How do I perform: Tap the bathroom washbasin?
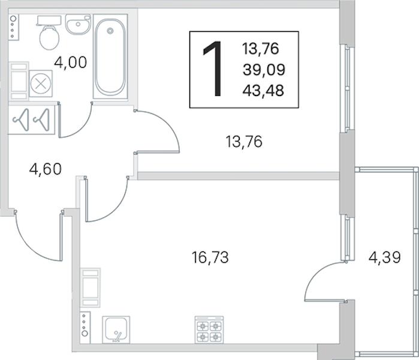coord(78,25)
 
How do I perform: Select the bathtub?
coord(110,57)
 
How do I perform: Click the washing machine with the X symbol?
coord(41,84)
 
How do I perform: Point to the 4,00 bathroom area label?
coord(71,62)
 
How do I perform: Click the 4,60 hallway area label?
coord(46,169)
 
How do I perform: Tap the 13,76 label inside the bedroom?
coord(244,142)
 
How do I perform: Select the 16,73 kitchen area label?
coord(210,257)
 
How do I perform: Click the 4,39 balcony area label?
coord(384,257)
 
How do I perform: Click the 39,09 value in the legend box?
coord(264,70)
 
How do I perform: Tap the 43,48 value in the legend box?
coord(263,91)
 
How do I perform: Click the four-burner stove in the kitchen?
coord(209,330)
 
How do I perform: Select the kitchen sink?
coord(116,330)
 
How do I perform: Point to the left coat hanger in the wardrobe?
coord(21,119)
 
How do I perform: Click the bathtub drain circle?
coord(110,31)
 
